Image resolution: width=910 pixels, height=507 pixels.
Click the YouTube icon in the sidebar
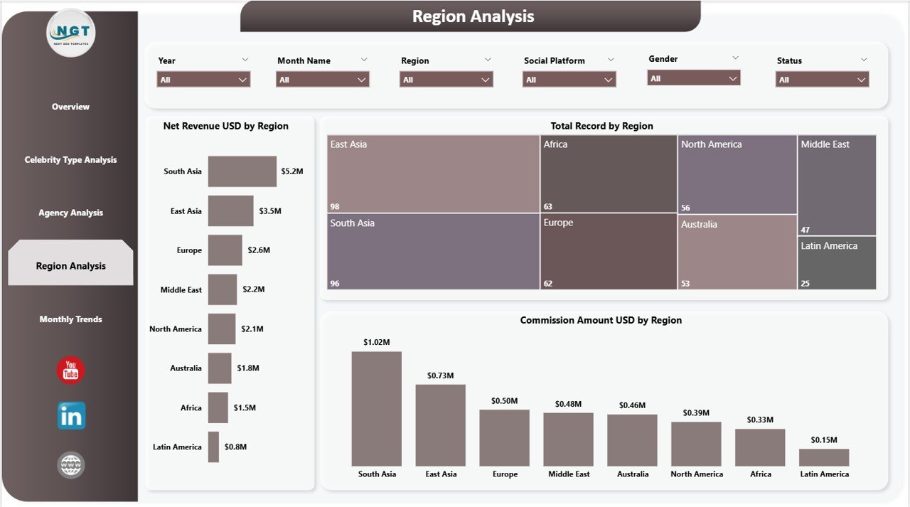pyautogui.click(x=70, y=370)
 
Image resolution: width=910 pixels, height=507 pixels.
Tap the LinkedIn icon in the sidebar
pyautogui.click(x=71, y=416)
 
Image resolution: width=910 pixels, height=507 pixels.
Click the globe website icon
pyautogui.click(x=71, y=465)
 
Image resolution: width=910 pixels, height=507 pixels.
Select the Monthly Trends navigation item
pyautogui.click(x=70, y=319)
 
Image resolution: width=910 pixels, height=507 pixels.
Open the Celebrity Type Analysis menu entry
pyautogui.click(x=70, y=160)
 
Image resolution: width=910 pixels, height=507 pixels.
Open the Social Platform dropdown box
pyautogui.click(x=569, y=80)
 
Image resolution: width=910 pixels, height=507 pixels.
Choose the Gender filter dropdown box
pyautogui.click(x=693, y=78)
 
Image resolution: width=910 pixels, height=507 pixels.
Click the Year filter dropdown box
pyautogui.click(x=203, y=80)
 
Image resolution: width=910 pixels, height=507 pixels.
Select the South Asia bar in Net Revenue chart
pyautogui.click(x=242, y=171)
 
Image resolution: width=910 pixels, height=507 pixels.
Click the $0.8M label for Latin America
pyautogui.click(x=235, y=447)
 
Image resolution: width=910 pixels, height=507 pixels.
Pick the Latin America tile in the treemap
pyautogui.click(x=837, y=263)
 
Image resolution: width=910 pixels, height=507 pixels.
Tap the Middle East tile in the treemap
pyautogui.click(x=837, y=185)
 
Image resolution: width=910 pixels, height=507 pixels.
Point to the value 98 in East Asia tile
pyautogui.click(x=336, y=206)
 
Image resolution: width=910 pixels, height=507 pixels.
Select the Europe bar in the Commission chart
pyautogui.click(x=504, y=437)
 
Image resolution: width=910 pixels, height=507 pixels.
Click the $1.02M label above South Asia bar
pyautogui.click(x=376, y=342)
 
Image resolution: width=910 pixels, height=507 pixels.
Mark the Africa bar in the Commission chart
pyautogui.click(x=760, y=447)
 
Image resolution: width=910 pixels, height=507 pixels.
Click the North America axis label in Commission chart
pyautogui.click(x=697, y=474)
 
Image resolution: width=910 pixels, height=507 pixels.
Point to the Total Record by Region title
pyautogui.click(x=601, y=126)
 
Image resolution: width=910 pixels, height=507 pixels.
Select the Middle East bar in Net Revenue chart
pyautogui.click(x=223, y=289)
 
